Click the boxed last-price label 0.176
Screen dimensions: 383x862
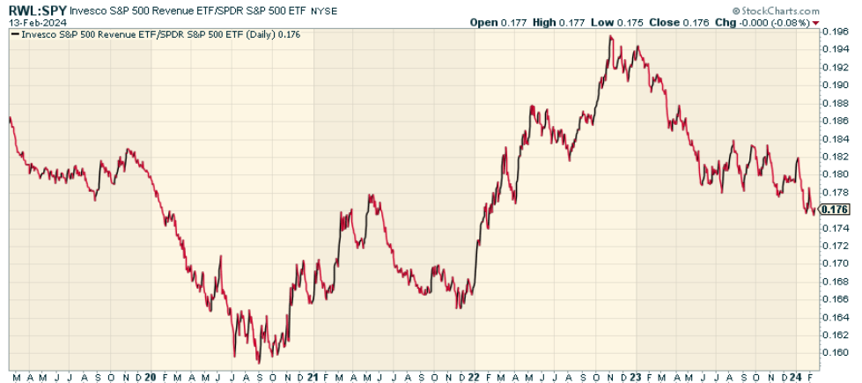(834, 210)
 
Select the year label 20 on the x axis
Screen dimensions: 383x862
(150, 376)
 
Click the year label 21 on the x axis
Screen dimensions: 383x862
(313, 376)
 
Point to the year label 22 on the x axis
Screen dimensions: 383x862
(474, 376)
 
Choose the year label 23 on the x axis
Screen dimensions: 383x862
(637, 376)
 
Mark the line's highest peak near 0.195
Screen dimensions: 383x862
(610, 36)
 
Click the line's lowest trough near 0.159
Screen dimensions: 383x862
(259, 362)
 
